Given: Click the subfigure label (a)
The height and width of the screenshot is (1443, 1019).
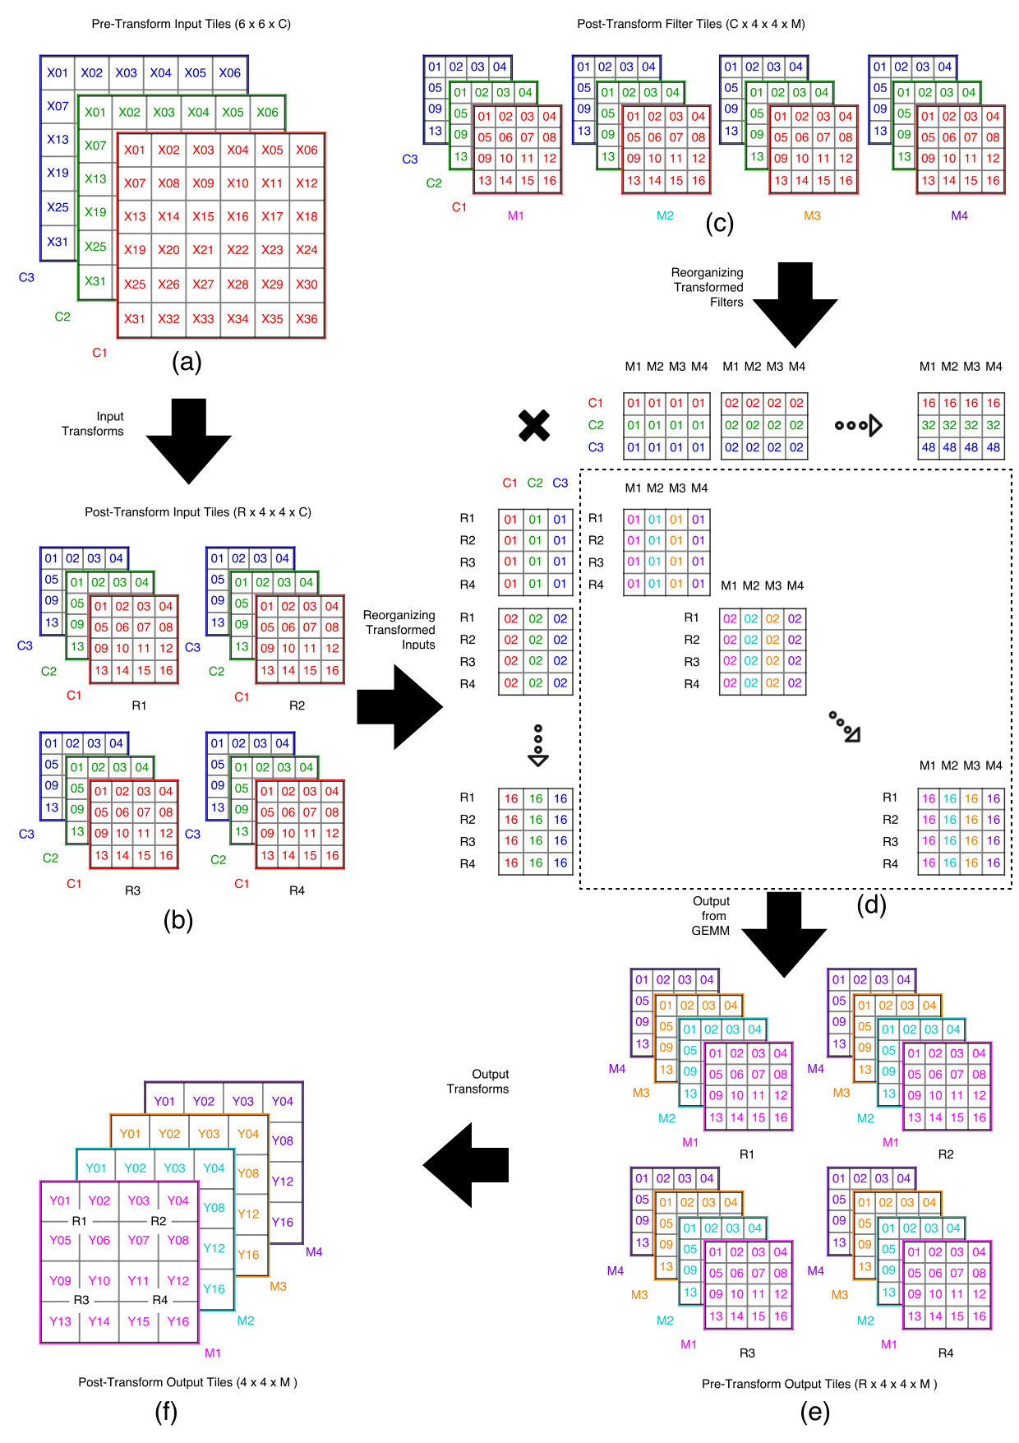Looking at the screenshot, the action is (187, 362).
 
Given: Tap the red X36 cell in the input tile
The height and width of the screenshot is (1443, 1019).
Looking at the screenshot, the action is (307, 319).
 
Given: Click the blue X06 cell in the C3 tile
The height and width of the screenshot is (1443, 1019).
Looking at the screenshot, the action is (230, 72).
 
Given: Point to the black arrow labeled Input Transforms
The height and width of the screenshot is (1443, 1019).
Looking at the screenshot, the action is (189, 441).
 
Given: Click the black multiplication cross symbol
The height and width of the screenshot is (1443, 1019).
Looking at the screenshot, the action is (534, 426).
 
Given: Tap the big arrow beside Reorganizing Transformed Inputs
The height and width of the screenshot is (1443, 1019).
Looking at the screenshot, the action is (400, 707).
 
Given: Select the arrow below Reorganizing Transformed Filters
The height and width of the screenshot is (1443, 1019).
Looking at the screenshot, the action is (795, 305).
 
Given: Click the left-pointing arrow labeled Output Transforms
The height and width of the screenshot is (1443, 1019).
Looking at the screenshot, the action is (466, 1165).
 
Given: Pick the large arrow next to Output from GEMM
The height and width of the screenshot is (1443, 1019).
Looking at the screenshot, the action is (784, 935).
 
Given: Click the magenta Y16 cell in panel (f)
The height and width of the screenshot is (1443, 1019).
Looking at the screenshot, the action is (178, 1321).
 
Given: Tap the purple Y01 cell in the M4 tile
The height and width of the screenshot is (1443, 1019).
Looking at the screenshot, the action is (164, 1101).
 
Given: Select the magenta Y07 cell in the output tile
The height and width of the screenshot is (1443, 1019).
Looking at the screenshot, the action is (139, 1240).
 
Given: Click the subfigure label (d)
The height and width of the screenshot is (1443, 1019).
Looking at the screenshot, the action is (871, 904).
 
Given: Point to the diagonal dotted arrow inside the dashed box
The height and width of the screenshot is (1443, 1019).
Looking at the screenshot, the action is (844, 727).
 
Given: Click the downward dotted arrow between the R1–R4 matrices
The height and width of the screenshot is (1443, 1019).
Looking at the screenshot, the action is (538, 745).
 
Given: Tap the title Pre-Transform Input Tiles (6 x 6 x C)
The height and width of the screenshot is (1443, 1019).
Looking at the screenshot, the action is (191, 24).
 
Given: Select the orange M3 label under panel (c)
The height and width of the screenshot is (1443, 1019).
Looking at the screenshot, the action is (812, 215).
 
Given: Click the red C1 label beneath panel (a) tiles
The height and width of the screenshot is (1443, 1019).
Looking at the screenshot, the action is (99, 352).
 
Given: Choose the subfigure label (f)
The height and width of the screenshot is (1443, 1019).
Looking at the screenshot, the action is (166, 1411).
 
